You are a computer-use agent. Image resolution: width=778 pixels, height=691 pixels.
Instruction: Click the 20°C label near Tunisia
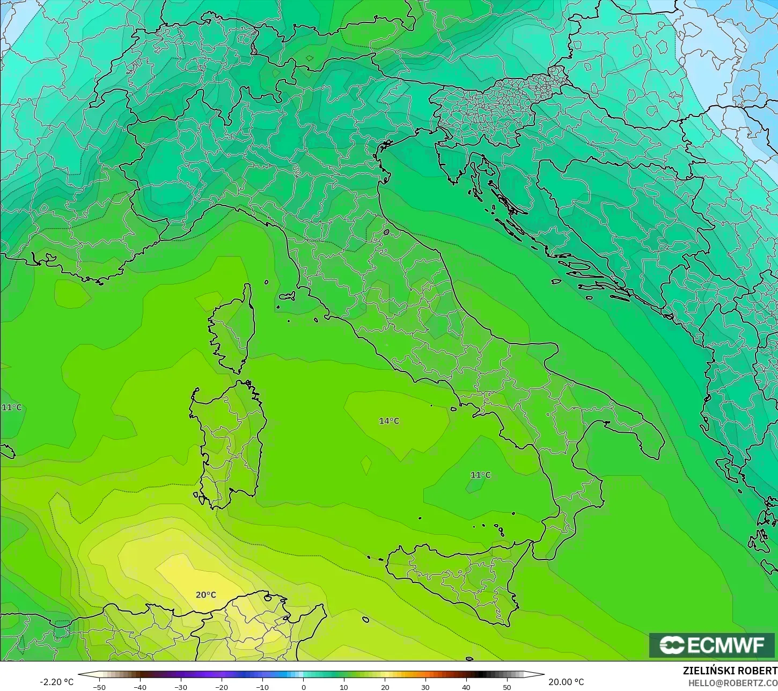(205, 595)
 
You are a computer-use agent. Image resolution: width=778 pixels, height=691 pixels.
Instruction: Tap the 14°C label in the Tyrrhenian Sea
(389, 421)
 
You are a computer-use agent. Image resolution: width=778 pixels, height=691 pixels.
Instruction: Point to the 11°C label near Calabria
(480, 475)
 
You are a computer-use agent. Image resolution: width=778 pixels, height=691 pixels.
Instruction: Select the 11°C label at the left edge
(11, 408)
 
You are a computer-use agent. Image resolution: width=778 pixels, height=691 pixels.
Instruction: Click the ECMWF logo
(713, 645)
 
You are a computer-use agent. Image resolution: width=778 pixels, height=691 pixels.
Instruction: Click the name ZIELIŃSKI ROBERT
(729, 671)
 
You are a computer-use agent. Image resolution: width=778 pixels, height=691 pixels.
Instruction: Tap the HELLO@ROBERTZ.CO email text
(732, 683)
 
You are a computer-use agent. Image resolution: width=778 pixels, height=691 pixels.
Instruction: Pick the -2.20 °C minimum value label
(56, 682)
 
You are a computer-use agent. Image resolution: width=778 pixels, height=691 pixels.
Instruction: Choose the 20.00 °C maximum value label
(566, 682)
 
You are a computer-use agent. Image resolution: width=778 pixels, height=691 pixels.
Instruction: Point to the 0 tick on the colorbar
(303, 687)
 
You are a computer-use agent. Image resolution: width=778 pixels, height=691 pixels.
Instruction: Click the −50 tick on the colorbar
(99, 687)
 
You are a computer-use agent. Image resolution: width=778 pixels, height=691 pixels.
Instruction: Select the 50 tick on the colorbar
(507, 687)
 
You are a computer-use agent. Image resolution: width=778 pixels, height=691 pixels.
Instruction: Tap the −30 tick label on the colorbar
(180, 687)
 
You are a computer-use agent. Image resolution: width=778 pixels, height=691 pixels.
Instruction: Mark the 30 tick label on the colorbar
(425, 687)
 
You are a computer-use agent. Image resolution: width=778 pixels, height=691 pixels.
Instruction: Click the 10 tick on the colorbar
(344, 687)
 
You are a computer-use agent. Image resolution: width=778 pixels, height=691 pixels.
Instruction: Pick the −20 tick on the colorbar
(221, 687)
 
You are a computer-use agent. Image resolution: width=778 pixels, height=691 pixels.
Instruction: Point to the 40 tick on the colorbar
(466, 687)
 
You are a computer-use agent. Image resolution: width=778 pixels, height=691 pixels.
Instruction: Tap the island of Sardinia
(228, 440)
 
